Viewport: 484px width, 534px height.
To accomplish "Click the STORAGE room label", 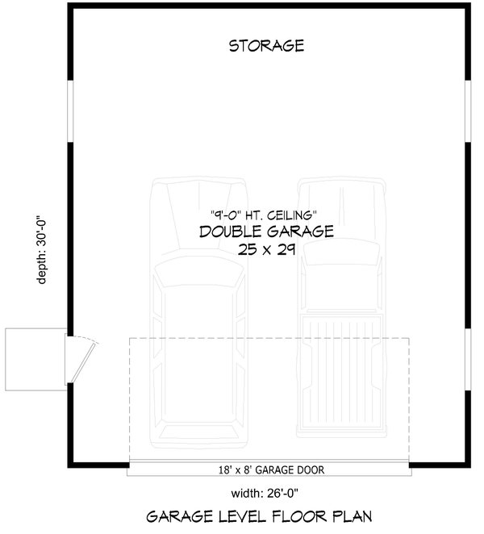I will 266,45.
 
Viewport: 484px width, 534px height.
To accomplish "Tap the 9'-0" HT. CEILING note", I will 263,215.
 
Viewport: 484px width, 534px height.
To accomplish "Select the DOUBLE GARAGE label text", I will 266,232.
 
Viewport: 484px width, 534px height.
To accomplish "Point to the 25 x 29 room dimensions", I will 267,250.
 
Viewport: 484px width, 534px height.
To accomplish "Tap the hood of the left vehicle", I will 198,218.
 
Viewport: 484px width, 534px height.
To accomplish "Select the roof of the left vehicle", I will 198,347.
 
